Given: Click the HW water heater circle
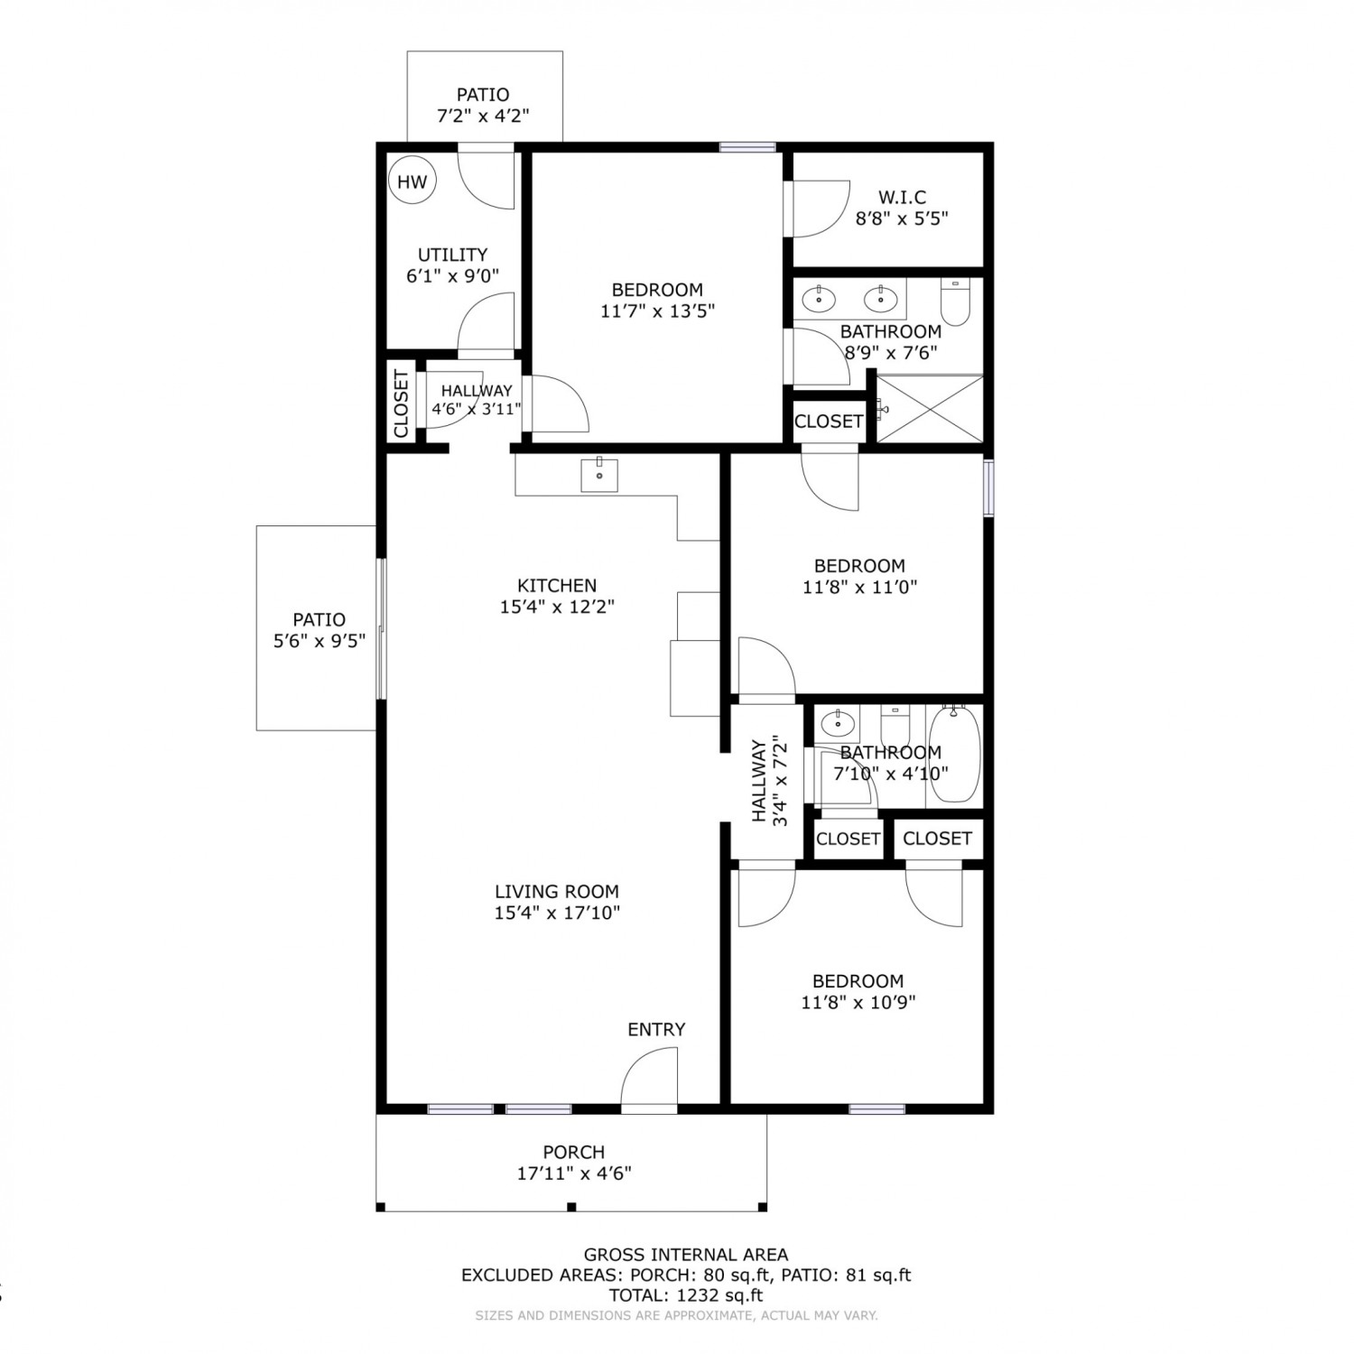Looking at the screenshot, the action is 413,181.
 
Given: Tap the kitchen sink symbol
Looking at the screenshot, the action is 599,474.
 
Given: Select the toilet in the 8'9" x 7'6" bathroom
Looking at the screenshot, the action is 955,301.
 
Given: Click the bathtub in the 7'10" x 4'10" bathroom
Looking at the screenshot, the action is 954,755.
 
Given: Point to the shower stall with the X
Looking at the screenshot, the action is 930,409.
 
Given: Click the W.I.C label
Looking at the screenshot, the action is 902,197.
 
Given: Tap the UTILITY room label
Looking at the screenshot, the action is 452,255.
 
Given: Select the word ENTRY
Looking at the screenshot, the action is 656,1029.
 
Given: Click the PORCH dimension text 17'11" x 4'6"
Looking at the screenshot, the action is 574,1173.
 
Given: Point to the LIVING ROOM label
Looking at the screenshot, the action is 557,891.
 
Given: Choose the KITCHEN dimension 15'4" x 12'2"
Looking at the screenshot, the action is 557,607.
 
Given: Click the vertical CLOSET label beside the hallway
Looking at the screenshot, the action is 401,403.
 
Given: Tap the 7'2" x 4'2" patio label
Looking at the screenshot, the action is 483,116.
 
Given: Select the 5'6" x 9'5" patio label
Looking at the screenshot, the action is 319,641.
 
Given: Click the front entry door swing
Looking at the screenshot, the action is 648,1076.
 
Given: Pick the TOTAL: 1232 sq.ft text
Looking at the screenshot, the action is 686,1295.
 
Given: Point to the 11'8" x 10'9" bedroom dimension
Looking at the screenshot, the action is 858,1002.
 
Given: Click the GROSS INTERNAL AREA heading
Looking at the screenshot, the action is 686,1254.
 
